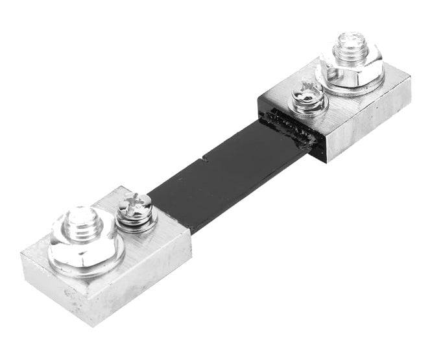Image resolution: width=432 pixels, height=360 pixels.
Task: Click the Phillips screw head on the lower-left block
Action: pos(138,205)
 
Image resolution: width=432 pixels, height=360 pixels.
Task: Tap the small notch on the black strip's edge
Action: pos(203,156)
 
